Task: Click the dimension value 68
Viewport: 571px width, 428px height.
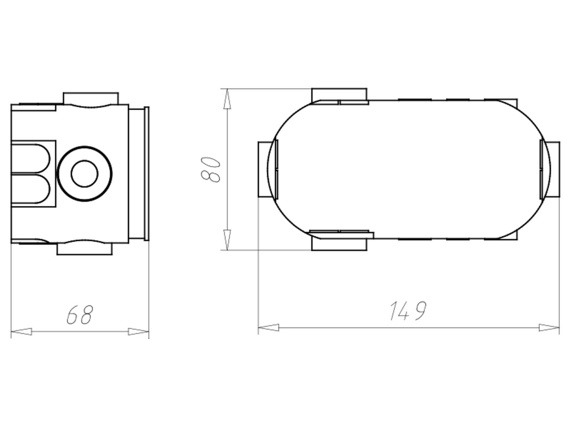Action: (80, 315)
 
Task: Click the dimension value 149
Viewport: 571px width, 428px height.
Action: (408, 311)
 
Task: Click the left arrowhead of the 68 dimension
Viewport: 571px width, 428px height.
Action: (21, 332)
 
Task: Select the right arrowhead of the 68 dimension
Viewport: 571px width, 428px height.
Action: (138, 332)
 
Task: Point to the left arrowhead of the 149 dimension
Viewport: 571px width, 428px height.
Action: (268, 327)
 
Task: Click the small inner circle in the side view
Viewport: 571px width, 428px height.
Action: (85, 174)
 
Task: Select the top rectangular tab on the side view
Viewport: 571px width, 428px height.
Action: (91, 98)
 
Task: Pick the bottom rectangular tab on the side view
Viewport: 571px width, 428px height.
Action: (85, 249)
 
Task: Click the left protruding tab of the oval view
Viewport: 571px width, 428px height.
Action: (263, 169)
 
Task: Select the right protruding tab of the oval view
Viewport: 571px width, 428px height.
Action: (554, 169)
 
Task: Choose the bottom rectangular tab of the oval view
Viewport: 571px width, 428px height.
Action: (339, 244)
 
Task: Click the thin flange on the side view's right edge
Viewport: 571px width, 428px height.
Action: (146, 173)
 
